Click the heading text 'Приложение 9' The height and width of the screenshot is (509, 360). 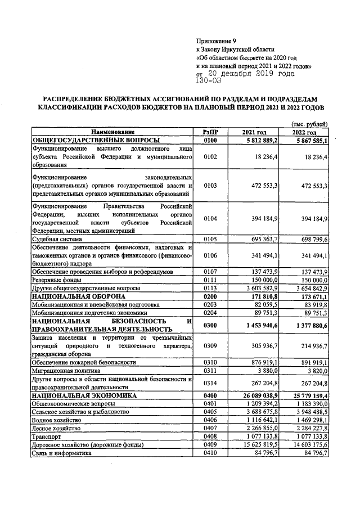215,40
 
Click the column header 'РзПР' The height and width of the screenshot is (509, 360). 210,132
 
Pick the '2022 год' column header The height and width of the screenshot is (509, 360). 304,132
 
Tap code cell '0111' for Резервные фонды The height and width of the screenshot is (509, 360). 210,280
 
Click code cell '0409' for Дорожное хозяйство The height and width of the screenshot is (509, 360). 210,444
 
